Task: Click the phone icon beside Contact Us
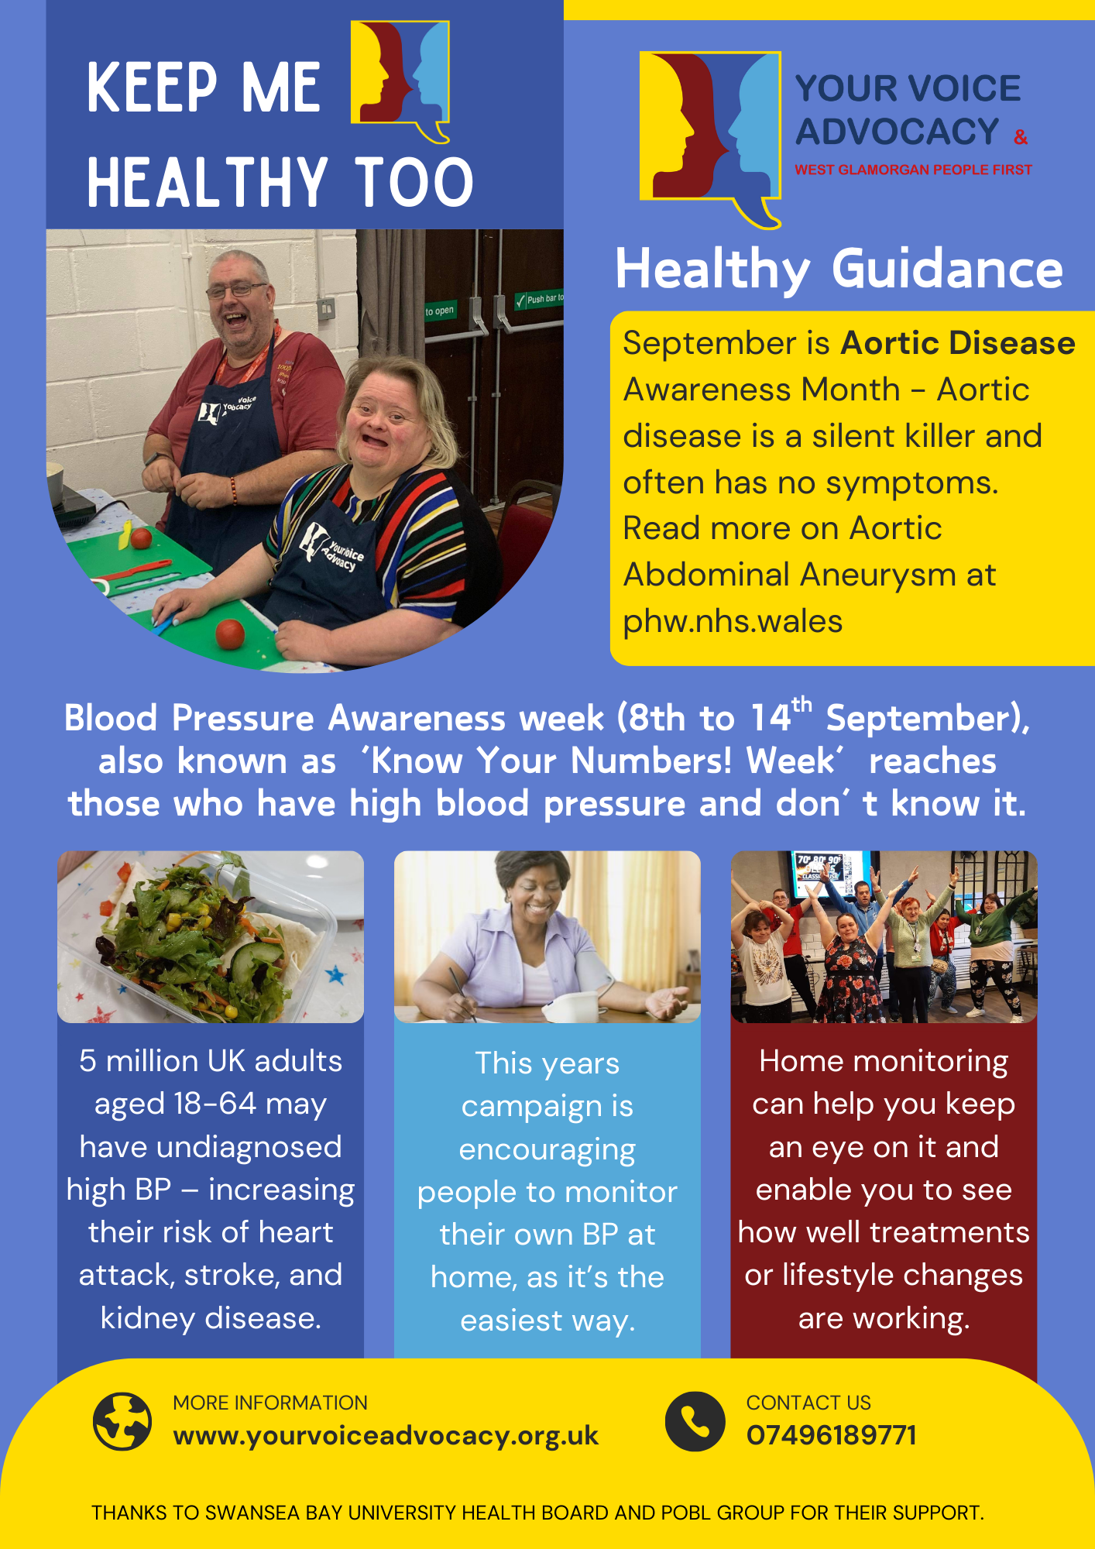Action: [695, 1421]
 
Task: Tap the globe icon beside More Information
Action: [122, 1421]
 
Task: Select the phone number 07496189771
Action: [832, 1435]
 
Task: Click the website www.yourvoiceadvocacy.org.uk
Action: [386, 1436]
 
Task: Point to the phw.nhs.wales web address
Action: [733, 621]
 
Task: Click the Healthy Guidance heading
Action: [839, 270]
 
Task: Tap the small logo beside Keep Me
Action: [400, 81]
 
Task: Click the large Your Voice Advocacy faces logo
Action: [710, 139]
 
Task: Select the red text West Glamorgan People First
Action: [913, 170]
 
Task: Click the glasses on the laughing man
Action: [238, 290]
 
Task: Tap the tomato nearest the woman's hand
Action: [230, 634]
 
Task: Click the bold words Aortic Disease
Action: [958, 342]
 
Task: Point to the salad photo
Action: [211, 937]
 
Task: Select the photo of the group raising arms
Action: [884, 937]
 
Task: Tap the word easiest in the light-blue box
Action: [512, 1321]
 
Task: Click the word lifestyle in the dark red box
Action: [837, 1276]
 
